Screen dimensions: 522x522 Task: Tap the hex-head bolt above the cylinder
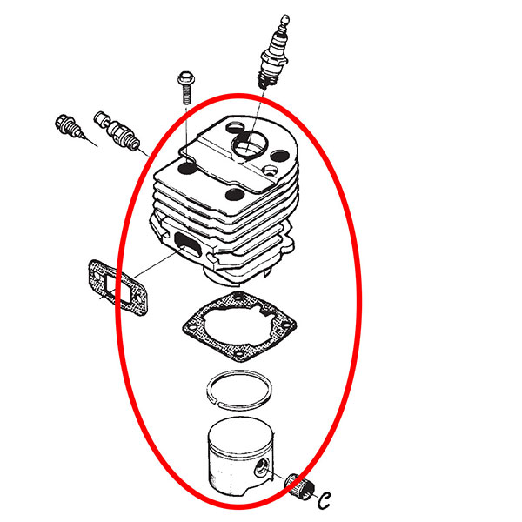[186, 87]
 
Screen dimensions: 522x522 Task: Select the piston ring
[238, 390]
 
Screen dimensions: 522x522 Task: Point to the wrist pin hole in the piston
[261, 468]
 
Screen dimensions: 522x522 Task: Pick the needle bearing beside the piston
[299, 486]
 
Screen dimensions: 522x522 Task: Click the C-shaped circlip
[324, 499]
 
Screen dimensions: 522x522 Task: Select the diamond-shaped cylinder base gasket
[239, 326]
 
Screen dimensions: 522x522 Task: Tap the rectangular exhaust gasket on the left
[117, 288]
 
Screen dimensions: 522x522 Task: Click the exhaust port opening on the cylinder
[187, 244]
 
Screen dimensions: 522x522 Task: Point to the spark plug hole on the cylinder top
[250, 144]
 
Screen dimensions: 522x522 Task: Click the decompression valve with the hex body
[117, 130]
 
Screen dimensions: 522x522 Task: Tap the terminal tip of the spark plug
[284, 21]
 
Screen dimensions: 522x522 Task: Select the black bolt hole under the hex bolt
[187, 168]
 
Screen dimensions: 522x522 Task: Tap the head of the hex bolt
[186, 77]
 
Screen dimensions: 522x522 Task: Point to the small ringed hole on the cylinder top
[270, 171]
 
